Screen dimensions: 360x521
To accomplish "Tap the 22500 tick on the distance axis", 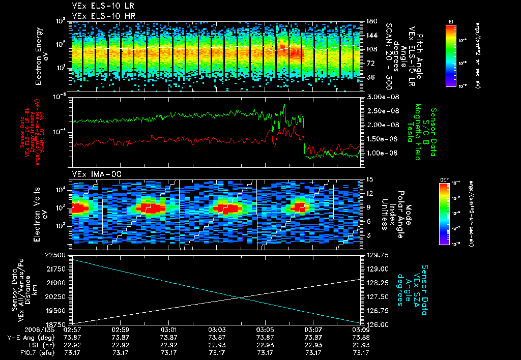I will [56, 255].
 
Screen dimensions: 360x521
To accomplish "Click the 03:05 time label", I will [265, 330].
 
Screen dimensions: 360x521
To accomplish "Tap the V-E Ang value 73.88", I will [361, 337].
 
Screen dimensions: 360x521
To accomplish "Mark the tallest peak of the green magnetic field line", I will [284, 105].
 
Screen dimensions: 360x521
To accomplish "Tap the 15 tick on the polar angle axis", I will [369, 179].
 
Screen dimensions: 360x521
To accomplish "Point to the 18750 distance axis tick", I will [56, 324].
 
